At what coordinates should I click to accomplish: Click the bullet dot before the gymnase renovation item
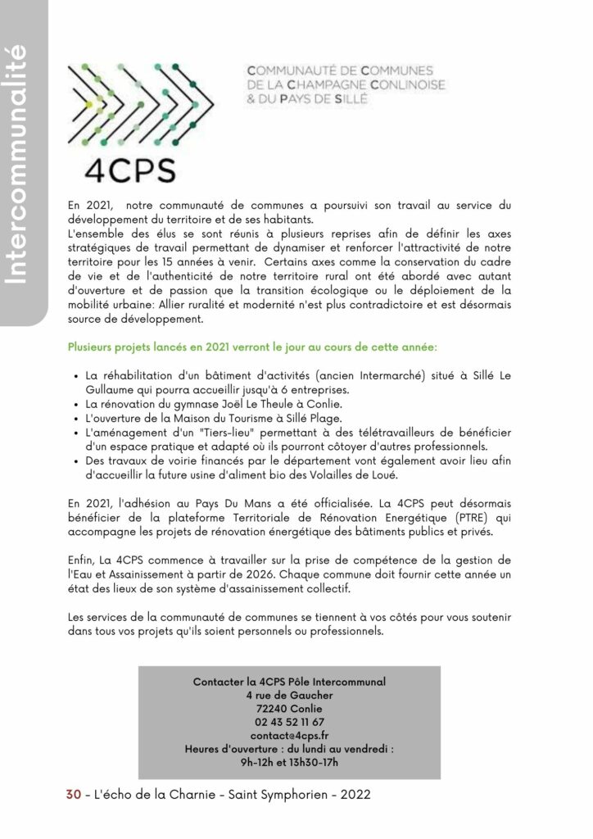tap(75, 405)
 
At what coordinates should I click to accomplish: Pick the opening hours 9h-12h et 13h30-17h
tap(289, 763)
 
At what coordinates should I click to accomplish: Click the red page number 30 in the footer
tap(73, 796)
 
